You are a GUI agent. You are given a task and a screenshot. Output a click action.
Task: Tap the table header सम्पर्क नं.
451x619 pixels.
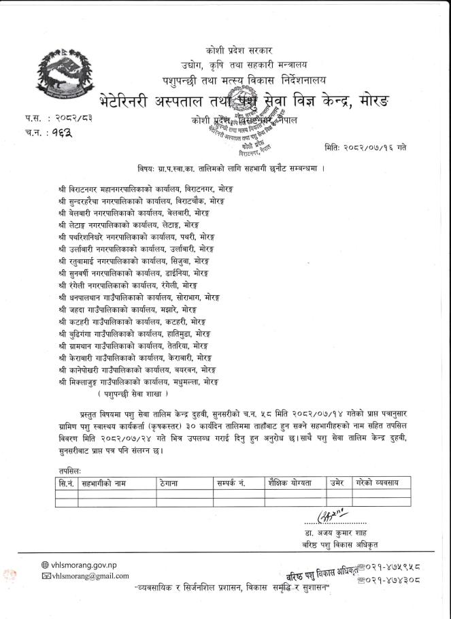(231, 482)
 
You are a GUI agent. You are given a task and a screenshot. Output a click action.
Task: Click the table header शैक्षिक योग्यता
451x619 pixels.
(290, 482)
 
